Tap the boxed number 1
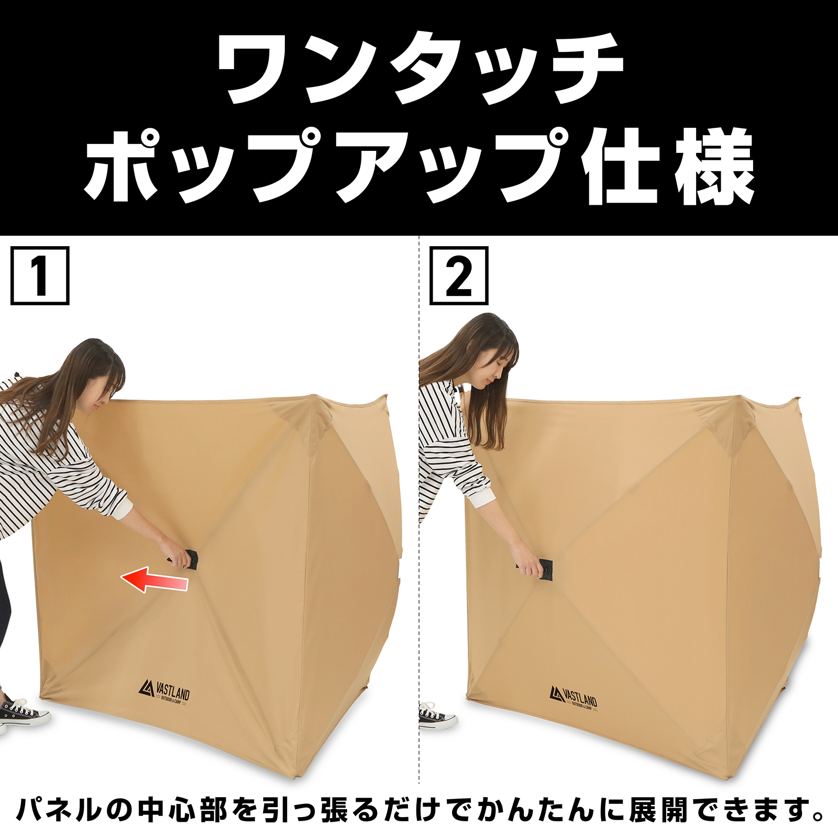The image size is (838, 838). pos(40,276)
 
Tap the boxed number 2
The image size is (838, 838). pos(459,276)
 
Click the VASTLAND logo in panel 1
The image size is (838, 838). pos(164,692)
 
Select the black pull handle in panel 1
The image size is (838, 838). pos(192,559)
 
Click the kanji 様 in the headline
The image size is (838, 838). pos(715,167)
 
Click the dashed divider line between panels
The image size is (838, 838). pos(419,524)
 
